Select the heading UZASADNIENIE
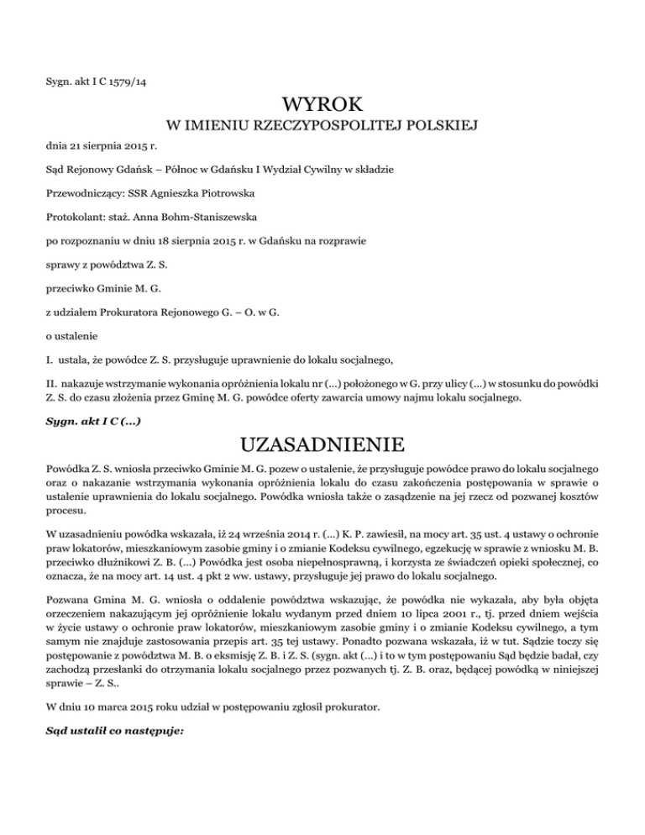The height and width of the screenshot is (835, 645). pyautogui.click(x=323, y=442)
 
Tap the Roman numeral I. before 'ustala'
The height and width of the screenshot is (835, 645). pyautogui.click(x=48, y=361)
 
